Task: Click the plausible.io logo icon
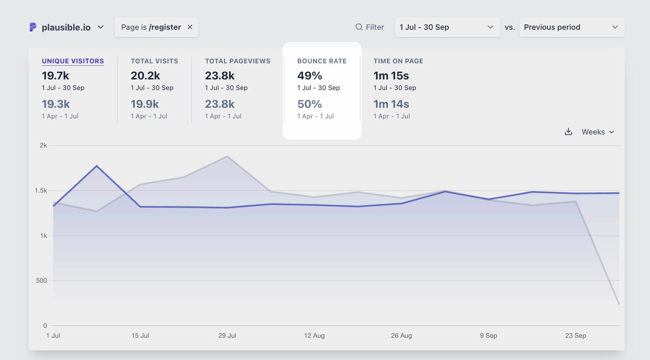pyautogui.click(x=33, y=27)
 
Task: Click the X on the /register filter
pyautogui.click(x=190, y=27)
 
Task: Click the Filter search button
pyautogui.click(x=370, y=27)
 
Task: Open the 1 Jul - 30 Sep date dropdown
pyautogui.click(x=447, y=27)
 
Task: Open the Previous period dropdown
pyautogui.click(x=571, y=27)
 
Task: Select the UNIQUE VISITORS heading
pyautogui.click(x=73, y=61)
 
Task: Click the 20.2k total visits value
pyautogui.click(x=145, y=76)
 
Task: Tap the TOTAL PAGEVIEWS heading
pyautogui.click(x=237, y=61)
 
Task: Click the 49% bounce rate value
pyautogui.click(x=310, y=76)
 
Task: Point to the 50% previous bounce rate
pyautogui.click(x=310, y=104)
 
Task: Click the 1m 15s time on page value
pyautogui.click(x=391, y=76)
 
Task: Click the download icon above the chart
pyautogui.click(x=568, y=132)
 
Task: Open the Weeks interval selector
pyautogui.click(x=598, y=132)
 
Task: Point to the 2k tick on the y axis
pyautogui.click(x=43, y=145)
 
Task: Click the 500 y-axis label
pyautogui.click(x=41, y=280)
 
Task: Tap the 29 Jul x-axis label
pyautogui.click(x=227, y=336)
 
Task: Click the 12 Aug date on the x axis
pyautogui.click(x=314, y=336)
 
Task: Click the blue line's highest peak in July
pyautogui.click(x=97, y=166)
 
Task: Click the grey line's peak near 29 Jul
pyautogui.click(x=227, y=156)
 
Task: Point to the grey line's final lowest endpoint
pyautogui.click(x=619, y=304)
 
